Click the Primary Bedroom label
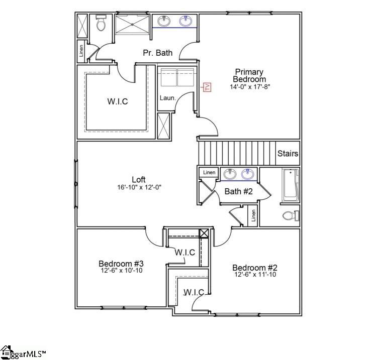point(249,75)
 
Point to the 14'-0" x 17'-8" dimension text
point(250,87)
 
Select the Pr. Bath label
point(157,52)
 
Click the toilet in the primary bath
point(101,23)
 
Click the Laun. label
point(167,98)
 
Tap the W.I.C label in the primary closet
point(117,101)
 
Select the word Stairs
point(288,154)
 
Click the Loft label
point(139,179)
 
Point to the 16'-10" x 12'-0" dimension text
point(139,187)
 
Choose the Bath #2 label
point(238,191)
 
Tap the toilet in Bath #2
point(291,216)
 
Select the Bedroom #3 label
point(121,264)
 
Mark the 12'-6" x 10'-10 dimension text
point(121,271)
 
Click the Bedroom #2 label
point(255,268)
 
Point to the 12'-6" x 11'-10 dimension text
point(255,275)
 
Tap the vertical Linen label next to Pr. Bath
point(81,51)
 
